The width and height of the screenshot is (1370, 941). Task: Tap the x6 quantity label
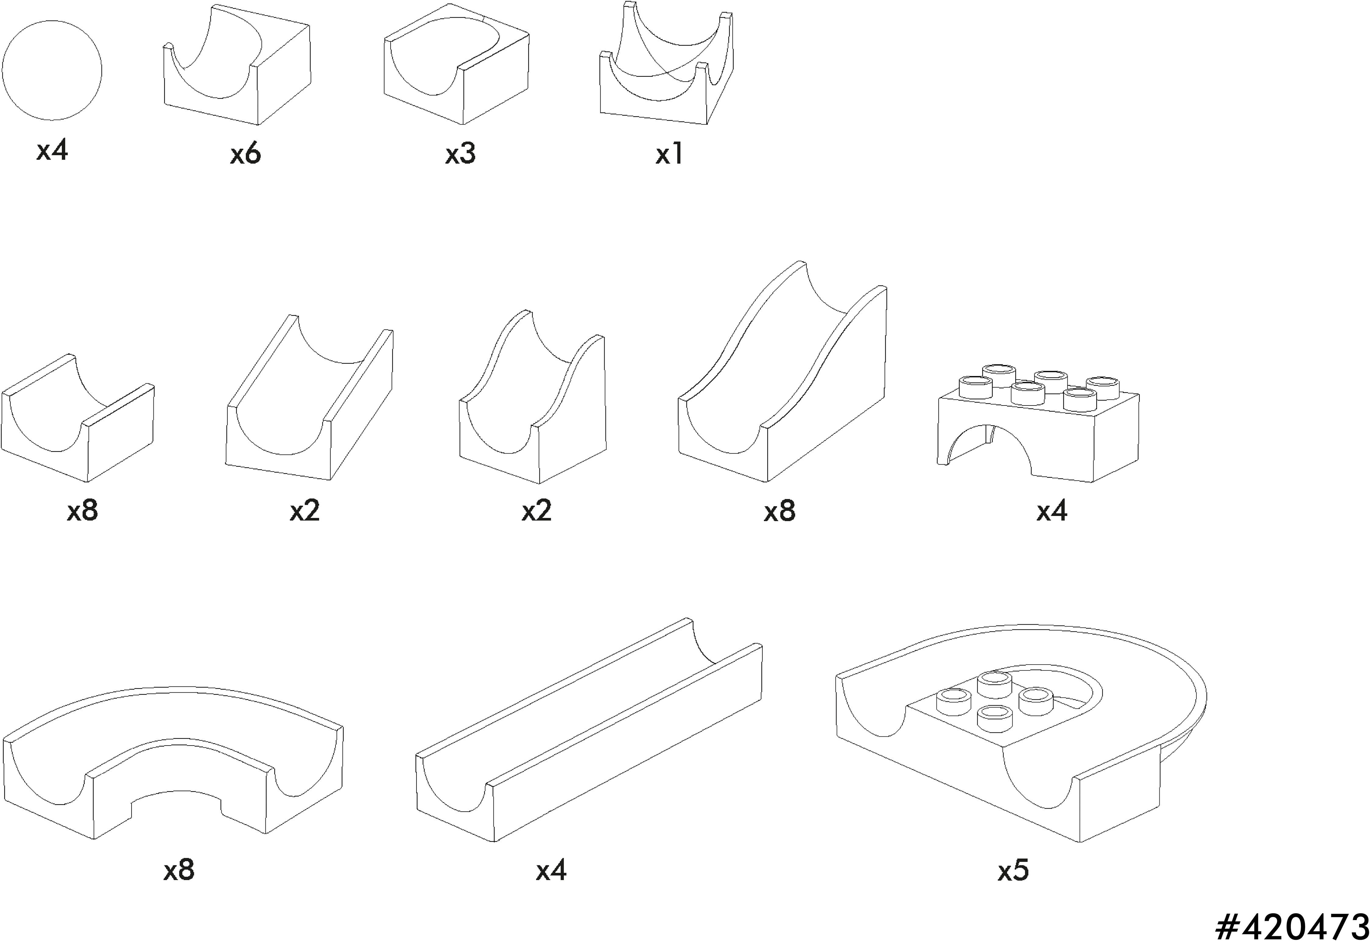click(245, 154)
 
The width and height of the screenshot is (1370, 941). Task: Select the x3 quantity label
click(460, 154)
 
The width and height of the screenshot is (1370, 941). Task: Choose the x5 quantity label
click(1013, 870)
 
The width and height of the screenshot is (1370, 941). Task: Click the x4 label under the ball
click(52, 150)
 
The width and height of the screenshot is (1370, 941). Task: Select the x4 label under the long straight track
click(551, 870)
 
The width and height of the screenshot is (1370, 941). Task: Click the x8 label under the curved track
click(179, 870)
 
